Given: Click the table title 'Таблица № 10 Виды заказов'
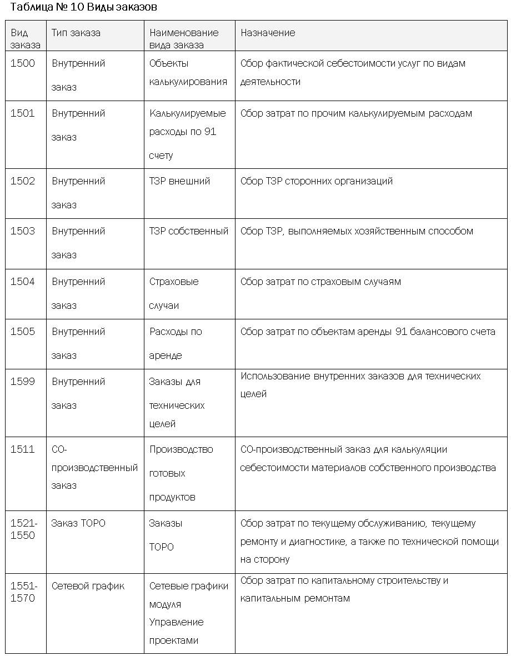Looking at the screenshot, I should (x=83, y=7).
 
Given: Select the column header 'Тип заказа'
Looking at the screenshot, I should (x=76, y=33).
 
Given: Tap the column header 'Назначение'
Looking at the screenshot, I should (x=268, y=33).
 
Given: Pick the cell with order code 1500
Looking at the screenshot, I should (x=23, y=63).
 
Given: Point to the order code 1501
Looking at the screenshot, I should (x=23, y=113).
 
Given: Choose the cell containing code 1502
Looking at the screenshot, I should (x=23, y=181).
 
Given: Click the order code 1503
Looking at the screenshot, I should (x=23, y=231).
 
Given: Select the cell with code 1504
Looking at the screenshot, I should (x=23, y=282).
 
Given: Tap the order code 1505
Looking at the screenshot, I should (x=23, y=332).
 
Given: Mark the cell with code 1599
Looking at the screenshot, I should (x=23, y=382).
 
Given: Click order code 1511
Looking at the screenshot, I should (x=23, y=449).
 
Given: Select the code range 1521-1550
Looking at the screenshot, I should (x=24, y=529).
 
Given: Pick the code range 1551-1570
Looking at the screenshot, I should (x=24, y=592).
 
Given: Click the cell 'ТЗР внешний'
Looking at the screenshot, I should (x=179, y=181).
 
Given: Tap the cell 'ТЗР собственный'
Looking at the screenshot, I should (x=189, y=231).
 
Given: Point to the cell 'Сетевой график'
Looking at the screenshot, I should (x=88, y=586).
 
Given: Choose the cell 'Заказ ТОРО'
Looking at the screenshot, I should (x=78, y=523).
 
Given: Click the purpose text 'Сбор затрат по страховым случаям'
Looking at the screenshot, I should (x=320, y=282).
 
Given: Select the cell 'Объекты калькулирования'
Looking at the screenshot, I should (x=188, y=72).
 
